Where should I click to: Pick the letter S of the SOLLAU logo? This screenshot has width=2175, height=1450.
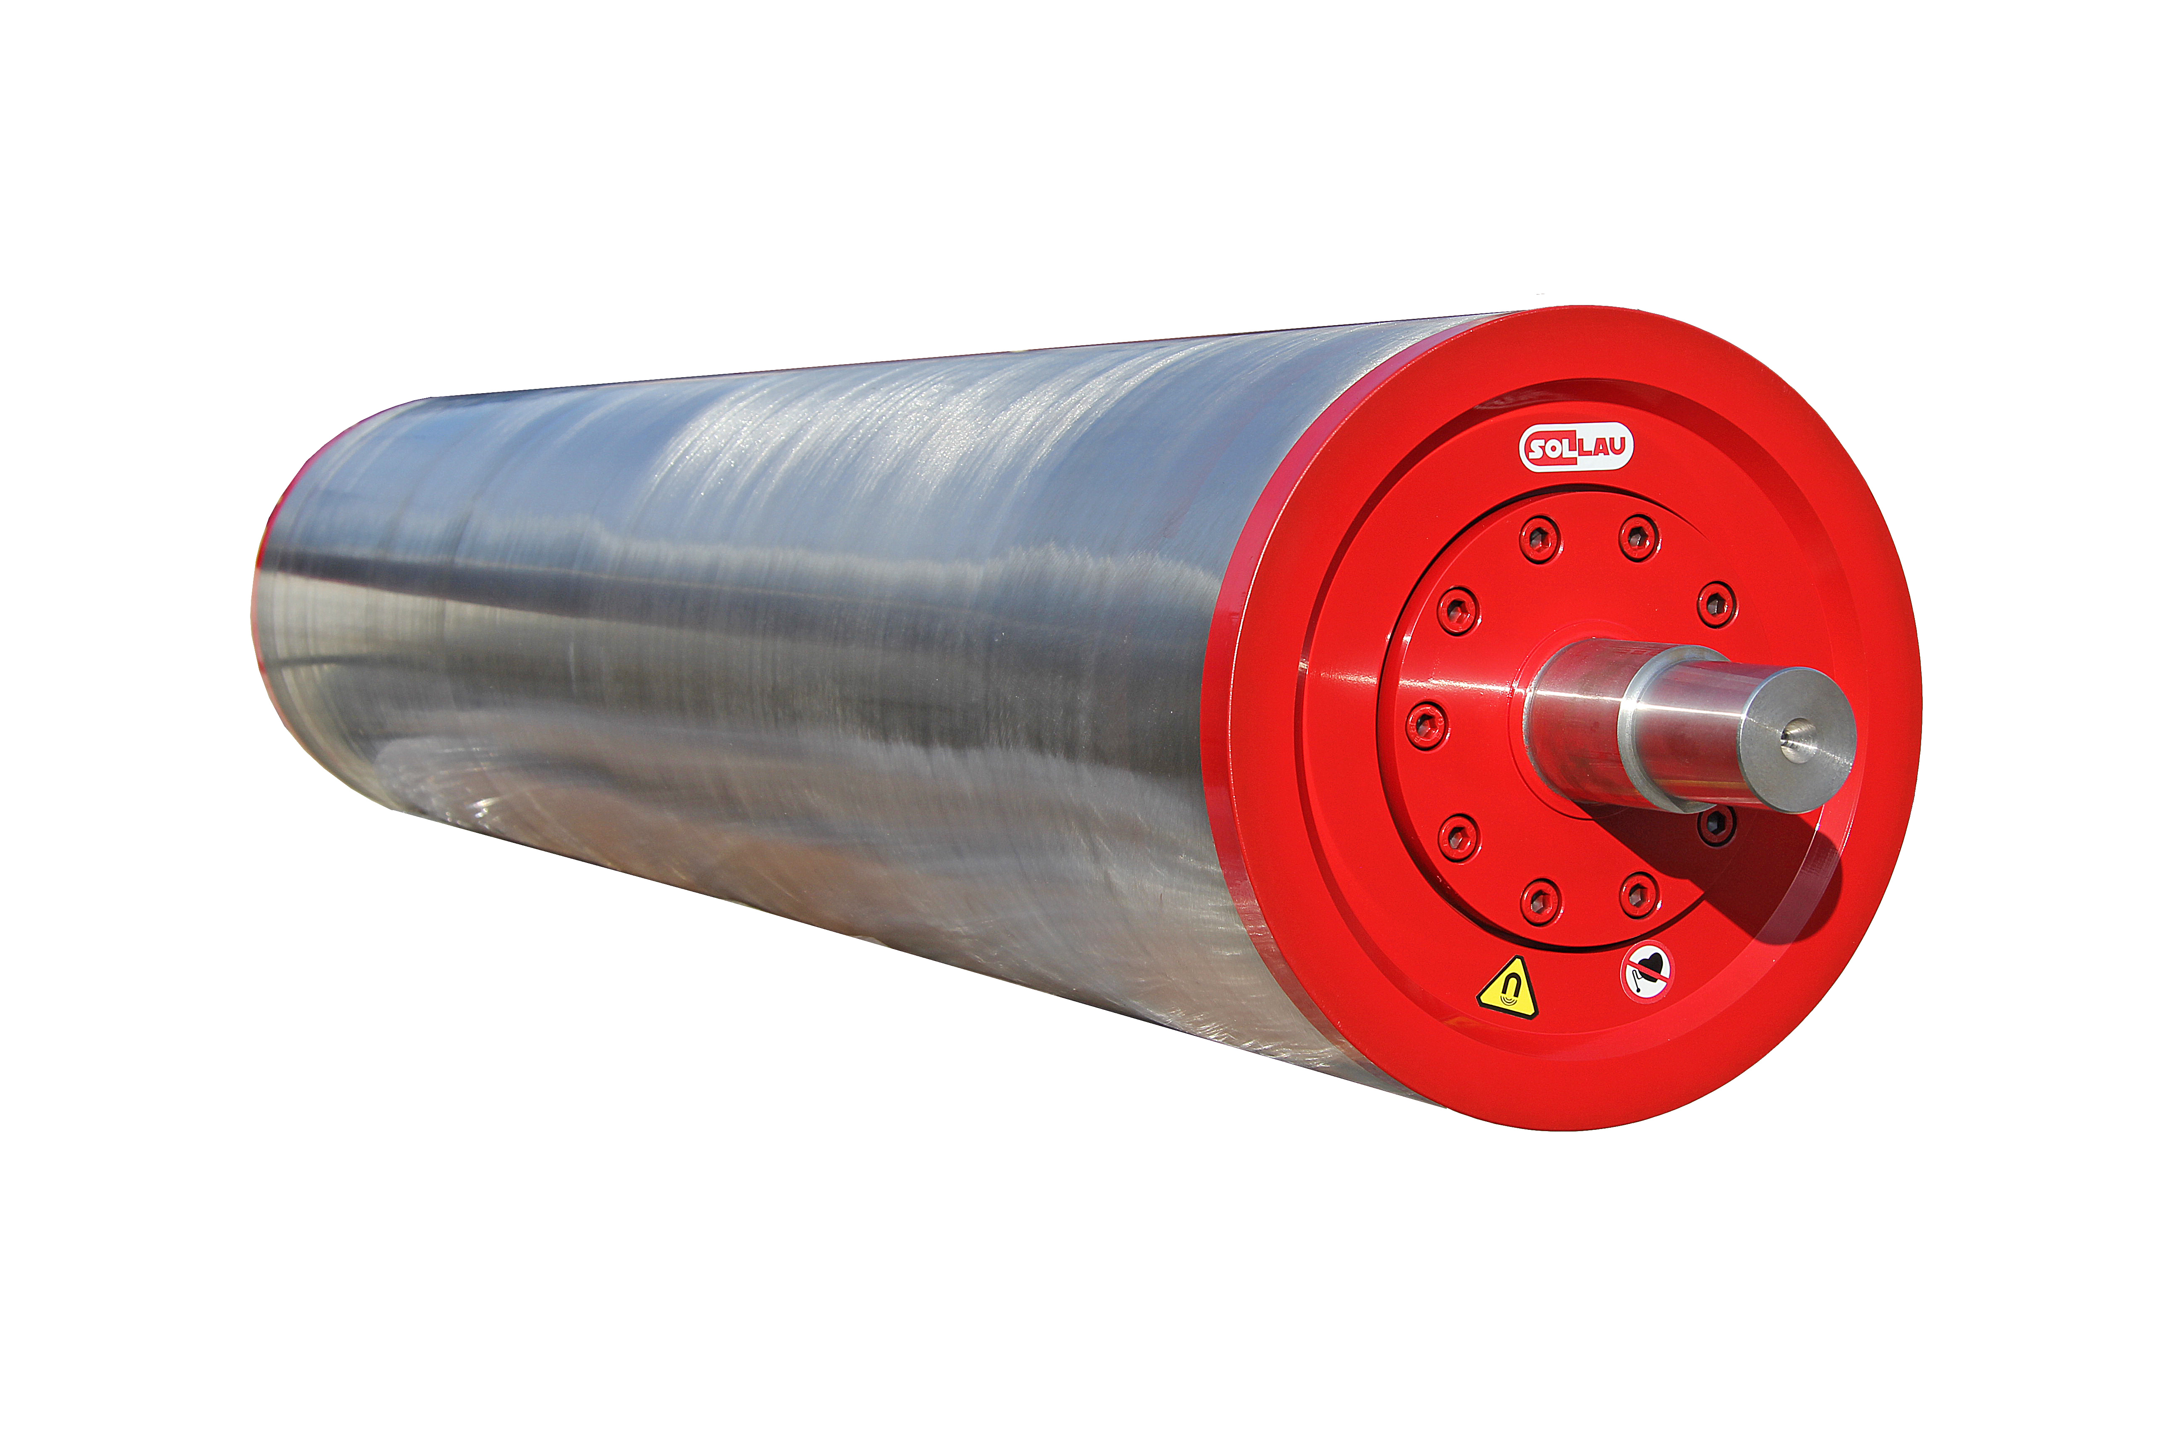click(x=1535, y=451)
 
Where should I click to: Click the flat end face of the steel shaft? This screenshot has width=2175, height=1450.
click(x=1797, y=740)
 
